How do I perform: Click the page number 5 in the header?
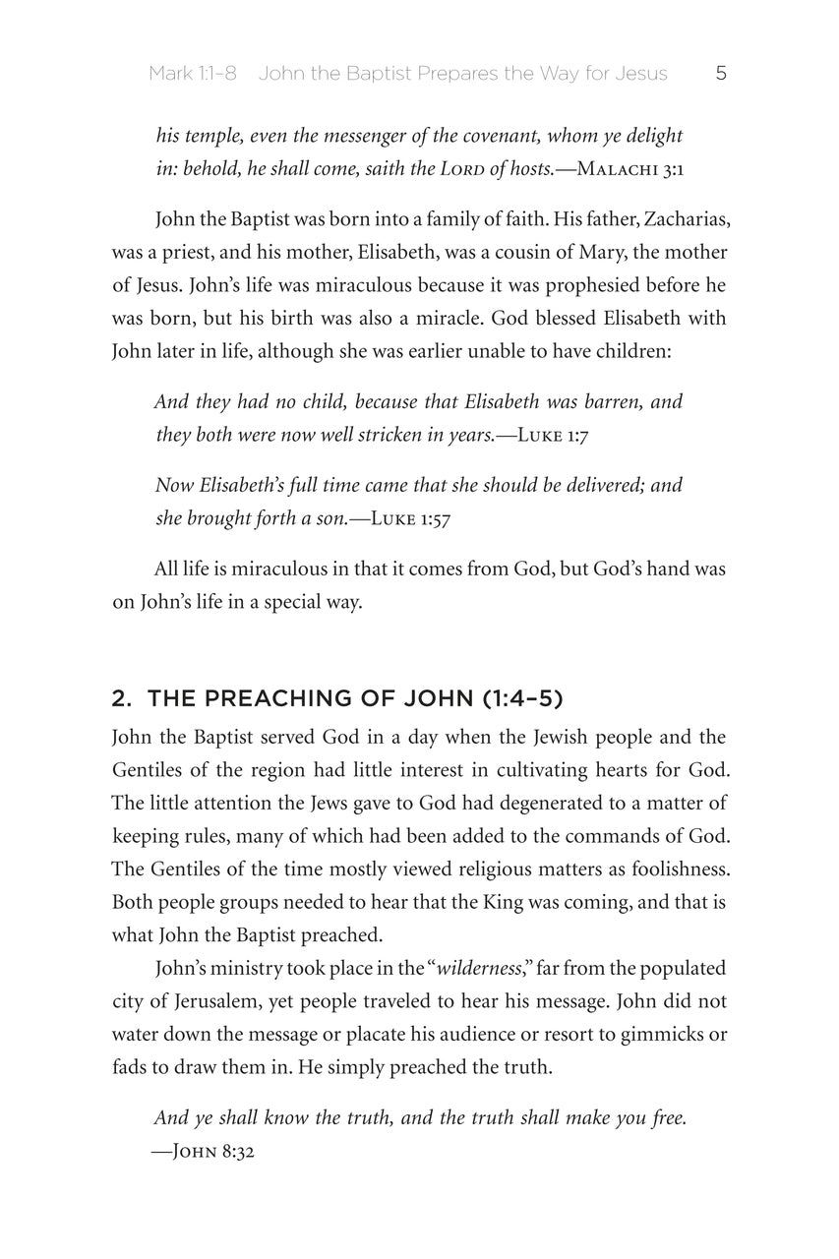click(x=721, y=74)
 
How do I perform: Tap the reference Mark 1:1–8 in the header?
click(x=193, y=74)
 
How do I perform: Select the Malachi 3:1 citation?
click(x=630, y=169)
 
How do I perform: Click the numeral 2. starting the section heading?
click(x=122, y=699)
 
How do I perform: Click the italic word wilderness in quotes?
click(x=479, y=969)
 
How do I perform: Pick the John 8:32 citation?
click(x=204, y=1152)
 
